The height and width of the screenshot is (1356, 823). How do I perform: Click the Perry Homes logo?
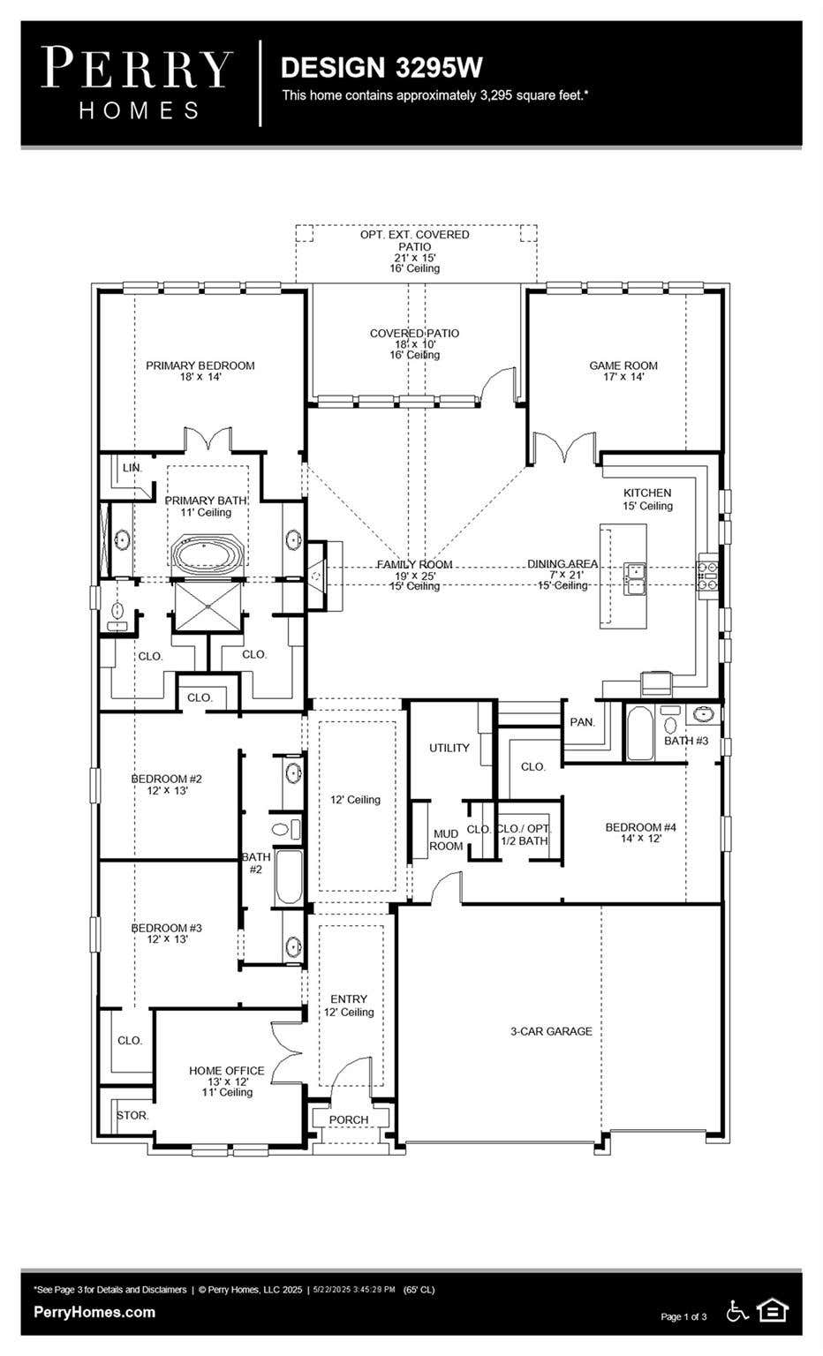tap(138, 84)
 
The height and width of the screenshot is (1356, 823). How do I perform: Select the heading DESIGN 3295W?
tap(381, 67)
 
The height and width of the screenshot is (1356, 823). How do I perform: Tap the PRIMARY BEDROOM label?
tap(200, 365)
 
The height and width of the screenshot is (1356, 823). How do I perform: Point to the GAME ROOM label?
tap(623, 365)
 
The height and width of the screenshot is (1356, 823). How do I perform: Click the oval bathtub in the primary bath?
tap(208, 553)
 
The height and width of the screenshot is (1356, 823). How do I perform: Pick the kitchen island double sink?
tap(635, 577)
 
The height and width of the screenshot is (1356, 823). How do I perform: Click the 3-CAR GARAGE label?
tap(551, 1031)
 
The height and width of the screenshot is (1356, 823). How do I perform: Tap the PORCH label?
tap(349, 1120)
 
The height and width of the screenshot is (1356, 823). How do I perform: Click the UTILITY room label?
tap(449, 748)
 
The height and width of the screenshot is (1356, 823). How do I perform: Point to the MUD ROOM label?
tap(446, 840)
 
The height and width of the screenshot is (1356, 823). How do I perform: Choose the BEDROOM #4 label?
tap(641, 827)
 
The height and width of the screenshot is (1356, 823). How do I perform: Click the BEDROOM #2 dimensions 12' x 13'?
tap(167, 790)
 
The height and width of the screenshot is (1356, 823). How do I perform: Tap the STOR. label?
tap(132, 1115)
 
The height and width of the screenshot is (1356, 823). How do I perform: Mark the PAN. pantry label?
tap(583, 722)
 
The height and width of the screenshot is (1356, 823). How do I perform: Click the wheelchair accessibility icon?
tap(737, 1311)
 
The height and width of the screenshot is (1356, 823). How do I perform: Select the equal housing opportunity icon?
tap(774, 1311)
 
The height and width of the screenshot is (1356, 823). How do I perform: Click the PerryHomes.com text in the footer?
tap(94, 1312)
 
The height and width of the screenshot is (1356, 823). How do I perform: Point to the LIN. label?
tap(132, 468)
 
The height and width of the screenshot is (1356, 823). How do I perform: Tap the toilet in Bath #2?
tap(286, 829)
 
